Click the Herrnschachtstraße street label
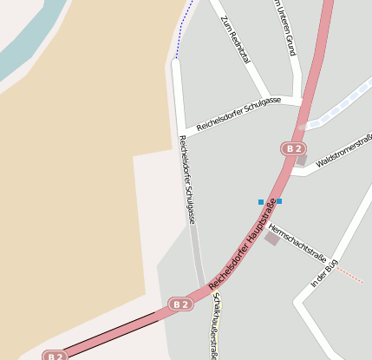[297, 242]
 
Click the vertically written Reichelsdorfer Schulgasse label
[186, 180]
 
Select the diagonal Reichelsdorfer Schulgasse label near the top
[238, 114]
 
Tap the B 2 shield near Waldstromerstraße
[293, 148]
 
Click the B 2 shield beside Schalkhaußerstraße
[180, 304]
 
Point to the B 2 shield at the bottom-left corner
[55, 356]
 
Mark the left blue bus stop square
[261, 202]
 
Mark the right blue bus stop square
[278, 201]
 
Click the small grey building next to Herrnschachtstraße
[272, 238]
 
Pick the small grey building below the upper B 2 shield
[301, 160]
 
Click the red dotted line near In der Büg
[350, 275]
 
